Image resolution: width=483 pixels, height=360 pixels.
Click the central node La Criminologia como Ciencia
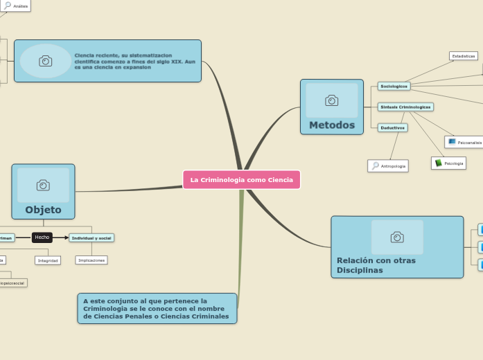pos(241,180)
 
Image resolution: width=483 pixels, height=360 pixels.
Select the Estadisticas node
pos(463,56)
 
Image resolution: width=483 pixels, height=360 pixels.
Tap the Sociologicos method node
pos(394,87)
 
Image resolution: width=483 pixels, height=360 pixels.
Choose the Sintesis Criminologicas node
pos(405,107)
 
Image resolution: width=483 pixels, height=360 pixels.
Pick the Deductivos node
pos(393,128)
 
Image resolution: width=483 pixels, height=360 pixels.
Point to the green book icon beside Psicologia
pos(439,163)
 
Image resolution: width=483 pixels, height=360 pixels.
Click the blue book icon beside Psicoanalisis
pos(452,142)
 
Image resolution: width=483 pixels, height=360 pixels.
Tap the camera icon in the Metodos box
pos(331,101)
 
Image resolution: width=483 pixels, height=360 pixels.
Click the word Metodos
pos(331,125)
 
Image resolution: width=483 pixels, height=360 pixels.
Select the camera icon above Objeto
pos(43,185)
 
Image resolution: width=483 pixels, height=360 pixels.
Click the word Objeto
pos(43,210)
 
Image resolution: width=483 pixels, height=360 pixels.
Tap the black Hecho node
pos(42,237)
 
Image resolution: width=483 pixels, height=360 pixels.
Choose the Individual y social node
pos(91,238)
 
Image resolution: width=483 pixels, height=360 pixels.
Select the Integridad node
pos(48,260)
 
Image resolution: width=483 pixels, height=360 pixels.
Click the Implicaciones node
pos(91,260)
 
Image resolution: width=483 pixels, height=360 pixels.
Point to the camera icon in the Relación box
pos(397,237)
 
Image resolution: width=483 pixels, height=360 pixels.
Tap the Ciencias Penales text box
pos(157,309)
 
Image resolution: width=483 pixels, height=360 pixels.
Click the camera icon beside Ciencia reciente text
pos(45,61)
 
